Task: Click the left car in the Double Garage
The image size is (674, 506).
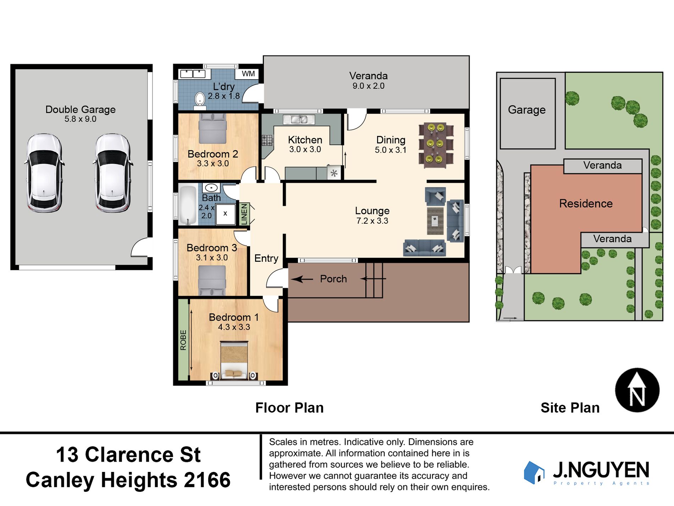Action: pyautogui.click(x=44, y=173)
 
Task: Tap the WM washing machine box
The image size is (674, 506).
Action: pyautogui.click(x=248, y=74)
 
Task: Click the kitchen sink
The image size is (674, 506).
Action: pyautogui.click(x=299, y=119)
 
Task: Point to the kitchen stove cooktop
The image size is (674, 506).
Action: pyautogui.click(x=267, y=140)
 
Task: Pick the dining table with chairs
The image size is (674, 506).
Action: pyautogui.click(x=436, y=146)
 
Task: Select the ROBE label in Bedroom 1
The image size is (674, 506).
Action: pyautogui.click(x=183, y=340)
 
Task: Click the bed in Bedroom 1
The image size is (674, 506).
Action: pyautogui.click(x=234, y=360)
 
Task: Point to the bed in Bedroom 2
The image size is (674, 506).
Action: pyautogui.click(x=212, y=129)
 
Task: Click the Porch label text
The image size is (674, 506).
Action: pyautogui.click(x=333, y=279)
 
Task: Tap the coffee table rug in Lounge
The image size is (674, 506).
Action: pyautogui.click(x=435, y=221)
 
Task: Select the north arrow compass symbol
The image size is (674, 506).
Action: pyautogui.click(x=637, y=390)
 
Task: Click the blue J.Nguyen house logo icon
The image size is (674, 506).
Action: pyautogui.click(x=534, y=473)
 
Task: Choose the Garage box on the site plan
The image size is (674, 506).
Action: pyautogui.click(x=527, y=113)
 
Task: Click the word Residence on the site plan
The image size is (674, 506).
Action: pyautogui.click(x=586, y=203)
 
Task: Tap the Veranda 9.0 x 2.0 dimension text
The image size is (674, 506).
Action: pyautogui.click(x=368, y=86)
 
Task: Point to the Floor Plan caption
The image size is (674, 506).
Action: pyautogui.click(x=289, y=408)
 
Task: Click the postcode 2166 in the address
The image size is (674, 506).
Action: pyautogui.click(x=207, y=480)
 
